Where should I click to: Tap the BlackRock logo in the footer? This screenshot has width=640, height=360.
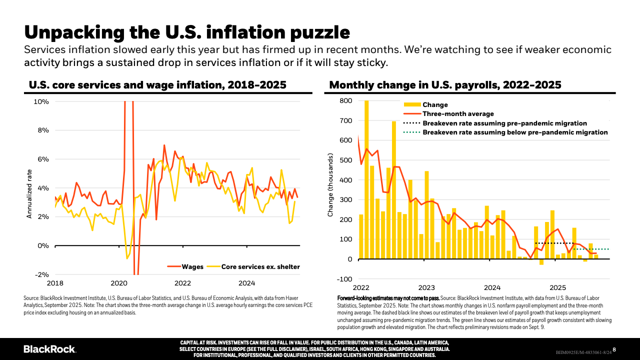[x=50, y=349]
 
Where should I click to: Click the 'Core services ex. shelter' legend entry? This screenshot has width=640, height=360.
[x=260, y=267]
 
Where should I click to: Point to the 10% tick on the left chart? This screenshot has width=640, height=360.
[x=40, y=101]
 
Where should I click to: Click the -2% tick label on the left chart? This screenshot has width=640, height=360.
[x=40, y=274]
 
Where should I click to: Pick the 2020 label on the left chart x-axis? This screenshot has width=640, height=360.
[x=119, y=283]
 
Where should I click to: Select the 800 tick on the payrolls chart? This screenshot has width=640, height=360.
[x=345, y=101]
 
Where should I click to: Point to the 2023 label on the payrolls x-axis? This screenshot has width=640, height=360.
[x=426, y=288]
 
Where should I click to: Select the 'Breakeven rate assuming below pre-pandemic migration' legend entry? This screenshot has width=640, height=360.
[x=515, y=132]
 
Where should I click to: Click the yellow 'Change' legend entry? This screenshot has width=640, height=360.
[x=435, y=105]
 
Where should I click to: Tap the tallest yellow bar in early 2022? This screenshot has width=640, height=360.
[x=366, y=180]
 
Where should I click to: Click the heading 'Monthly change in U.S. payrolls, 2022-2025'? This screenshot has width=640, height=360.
[x=445, y=85]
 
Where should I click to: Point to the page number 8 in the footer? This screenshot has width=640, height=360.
[x=614, y=349]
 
